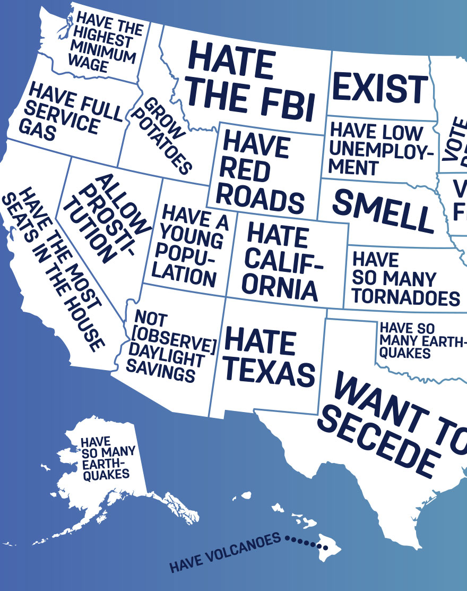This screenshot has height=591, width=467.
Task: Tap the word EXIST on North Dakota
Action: coord(380,88)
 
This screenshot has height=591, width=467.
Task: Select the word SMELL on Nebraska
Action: coord(383,210)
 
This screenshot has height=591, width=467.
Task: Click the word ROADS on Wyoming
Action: coord(260,200)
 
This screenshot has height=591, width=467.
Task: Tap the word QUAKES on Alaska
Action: coord(106,473)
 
